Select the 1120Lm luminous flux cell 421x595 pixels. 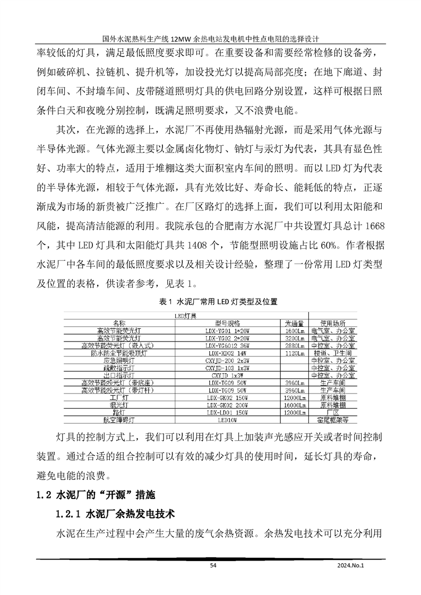coord(294,353)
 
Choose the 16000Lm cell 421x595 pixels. coord(294,405)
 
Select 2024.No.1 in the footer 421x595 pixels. coord(351,566)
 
